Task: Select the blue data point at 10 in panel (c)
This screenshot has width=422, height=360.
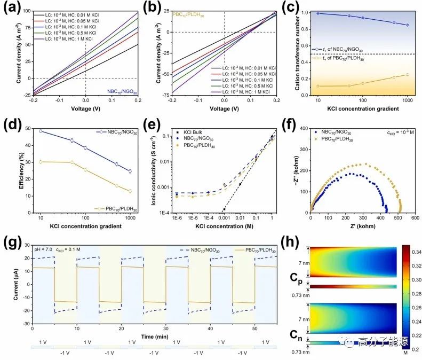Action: point(318,13)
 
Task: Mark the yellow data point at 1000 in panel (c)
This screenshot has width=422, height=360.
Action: point(408,75)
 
